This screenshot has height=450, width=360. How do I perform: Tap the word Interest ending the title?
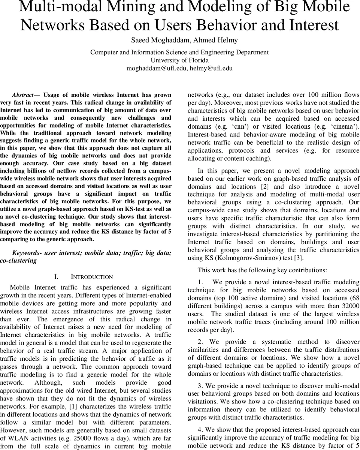[x=313, y=25]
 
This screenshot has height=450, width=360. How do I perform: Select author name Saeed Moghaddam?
[x=149, y=40]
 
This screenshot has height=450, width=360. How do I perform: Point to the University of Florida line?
[x=179, y=60]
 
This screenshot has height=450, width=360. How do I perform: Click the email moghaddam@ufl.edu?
[x=157, y=68]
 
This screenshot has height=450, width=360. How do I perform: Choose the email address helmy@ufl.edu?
[x=211, y=68]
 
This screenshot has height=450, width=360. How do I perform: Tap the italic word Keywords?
[x=27, y=253]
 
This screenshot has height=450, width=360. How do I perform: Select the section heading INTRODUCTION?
[x=92, y=277]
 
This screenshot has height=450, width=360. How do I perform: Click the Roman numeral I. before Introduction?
[x=56, y=277]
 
